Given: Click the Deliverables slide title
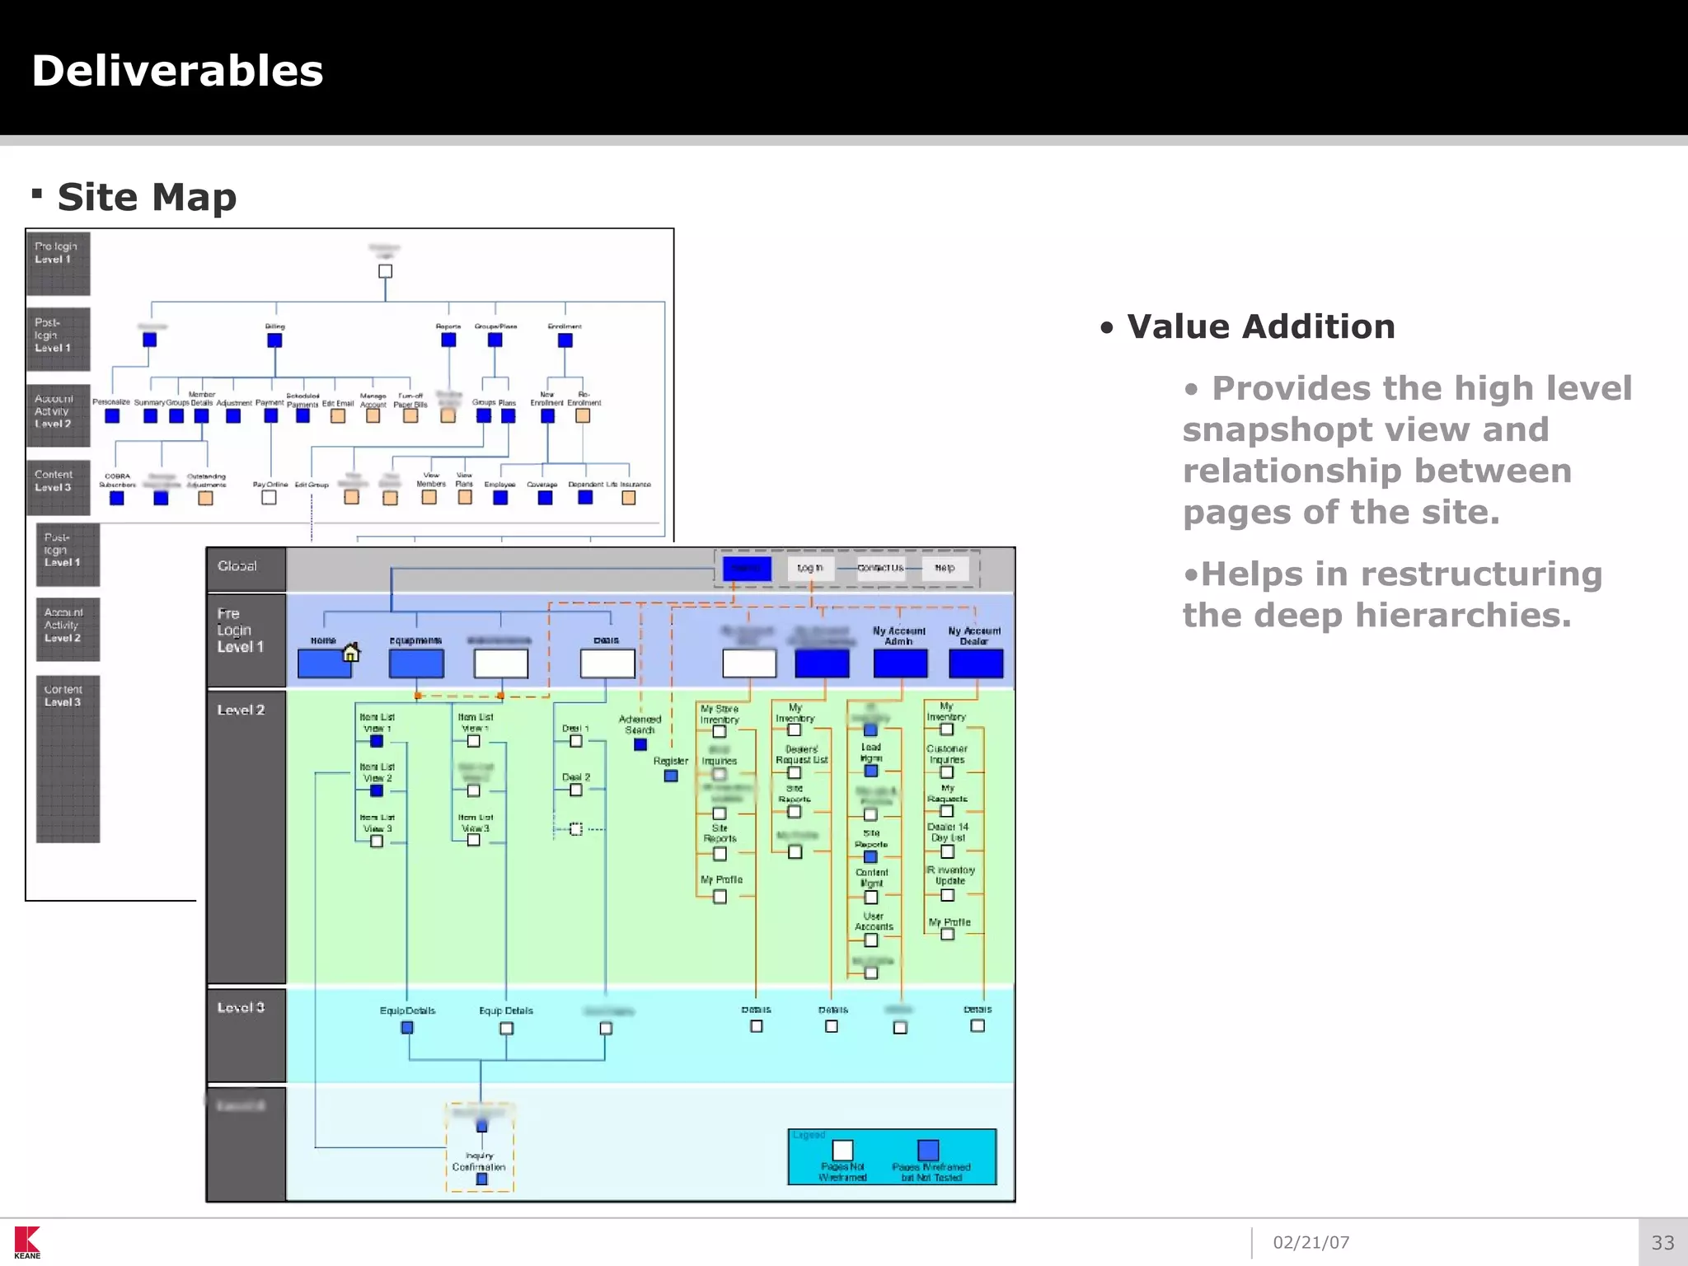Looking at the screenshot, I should click(x=177, y=71).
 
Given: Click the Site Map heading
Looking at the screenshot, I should click(x=147, y=198).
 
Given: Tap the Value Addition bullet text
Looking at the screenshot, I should click(x=1260, y=327).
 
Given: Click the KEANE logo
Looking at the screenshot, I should click(x=27, y=1242).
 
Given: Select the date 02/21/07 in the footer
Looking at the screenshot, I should click(x=1311, y=1242).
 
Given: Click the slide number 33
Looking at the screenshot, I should click(x=1662, y=1242).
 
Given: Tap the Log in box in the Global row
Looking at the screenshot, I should click(x=810, y=568).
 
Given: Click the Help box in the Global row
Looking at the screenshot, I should click(x=945, y=568).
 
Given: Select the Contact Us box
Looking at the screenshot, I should click(x=880, y=568).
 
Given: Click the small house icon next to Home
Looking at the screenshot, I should click(x=351, y=652).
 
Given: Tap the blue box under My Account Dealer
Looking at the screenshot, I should click(x=976, y=663).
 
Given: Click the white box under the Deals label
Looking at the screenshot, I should click(x=607, y=663).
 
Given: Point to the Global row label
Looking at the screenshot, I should click(x=237, y=566).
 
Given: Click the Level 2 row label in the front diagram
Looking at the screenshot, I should click(x=241, y=710).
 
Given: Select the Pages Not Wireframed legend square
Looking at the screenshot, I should click(x=842, y=1150).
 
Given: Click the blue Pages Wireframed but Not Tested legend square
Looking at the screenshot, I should click(x=928, y=1150).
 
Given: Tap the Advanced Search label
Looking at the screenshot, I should click(x=640, y=724).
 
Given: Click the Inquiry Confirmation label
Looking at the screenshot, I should click(x=479, y=1161).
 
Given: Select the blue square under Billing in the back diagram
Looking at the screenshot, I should click(x=274, y=340).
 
